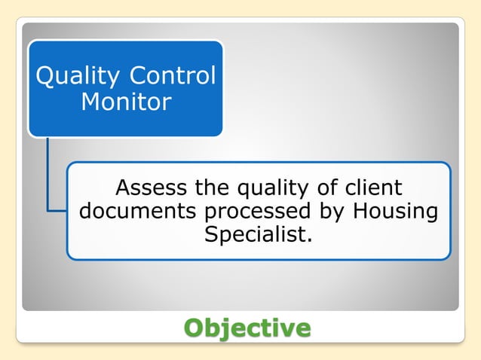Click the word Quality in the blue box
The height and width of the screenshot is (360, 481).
78,76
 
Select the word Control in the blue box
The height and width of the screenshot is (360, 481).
173,76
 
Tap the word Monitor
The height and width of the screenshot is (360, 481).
126,102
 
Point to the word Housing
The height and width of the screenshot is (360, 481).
395,212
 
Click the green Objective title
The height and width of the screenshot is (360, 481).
247,328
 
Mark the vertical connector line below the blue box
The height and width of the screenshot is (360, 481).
46,173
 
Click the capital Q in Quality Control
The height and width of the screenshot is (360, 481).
45,76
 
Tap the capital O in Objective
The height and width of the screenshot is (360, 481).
195,328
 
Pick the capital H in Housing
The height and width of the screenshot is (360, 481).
360,211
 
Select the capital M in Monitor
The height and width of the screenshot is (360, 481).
91,102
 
